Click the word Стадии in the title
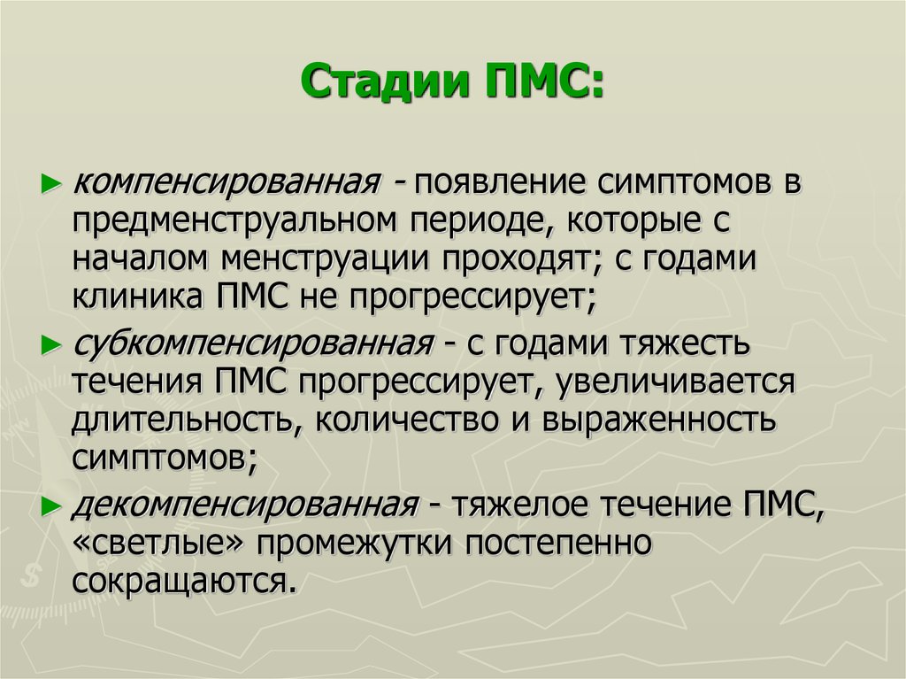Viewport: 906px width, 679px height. [x=385, y=81]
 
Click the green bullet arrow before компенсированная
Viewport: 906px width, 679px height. [x=51, y=184]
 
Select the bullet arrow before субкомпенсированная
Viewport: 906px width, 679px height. [x=51, y=345]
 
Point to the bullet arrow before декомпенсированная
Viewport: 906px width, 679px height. [x=51, y=506]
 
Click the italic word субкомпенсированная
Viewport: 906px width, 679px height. [x=253, y=344]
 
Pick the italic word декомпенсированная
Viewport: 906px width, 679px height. [x=245, y=505]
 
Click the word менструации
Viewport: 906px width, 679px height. [x=325, y=259]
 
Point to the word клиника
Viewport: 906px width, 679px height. [x=137, y=297]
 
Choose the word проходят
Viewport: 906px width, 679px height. [x=522, y=260]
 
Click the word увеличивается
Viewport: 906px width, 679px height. [x=675, y=382]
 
